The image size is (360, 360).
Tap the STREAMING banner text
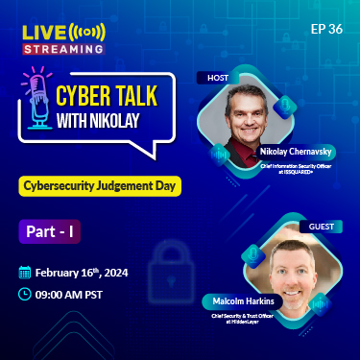tap(63, 47)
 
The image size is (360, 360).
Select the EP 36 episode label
tap(326, 28)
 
